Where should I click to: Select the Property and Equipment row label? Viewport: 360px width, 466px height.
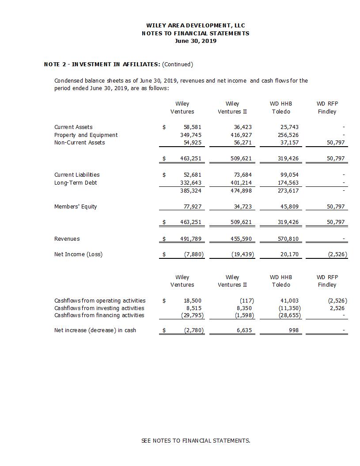pos(86,135)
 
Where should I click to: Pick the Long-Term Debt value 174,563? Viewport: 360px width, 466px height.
pos(289,183)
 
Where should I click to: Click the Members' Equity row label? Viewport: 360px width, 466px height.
pos(76,207)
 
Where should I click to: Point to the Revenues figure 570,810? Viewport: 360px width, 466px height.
pos(289,239)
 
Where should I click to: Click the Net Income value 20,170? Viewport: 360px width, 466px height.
pos(290,254)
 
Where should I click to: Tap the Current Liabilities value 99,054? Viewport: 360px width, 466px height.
pos(289,175)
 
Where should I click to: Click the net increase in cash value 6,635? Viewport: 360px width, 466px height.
pos(243,330)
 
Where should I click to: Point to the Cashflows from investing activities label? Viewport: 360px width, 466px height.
pos(99,308)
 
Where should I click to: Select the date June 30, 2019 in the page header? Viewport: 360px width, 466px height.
pos(195,41)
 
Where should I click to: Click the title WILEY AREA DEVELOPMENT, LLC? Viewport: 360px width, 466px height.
pos(195,26)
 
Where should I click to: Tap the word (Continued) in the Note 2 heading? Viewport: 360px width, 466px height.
pos(178,64)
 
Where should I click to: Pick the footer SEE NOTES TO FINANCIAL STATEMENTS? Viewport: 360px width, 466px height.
pos(196,441)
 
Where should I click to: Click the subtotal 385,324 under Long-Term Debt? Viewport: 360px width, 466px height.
pos(191,191)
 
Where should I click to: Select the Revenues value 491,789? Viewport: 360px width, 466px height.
pos(191,239)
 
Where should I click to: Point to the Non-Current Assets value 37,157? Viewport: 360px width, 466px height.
pos(289,143)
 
